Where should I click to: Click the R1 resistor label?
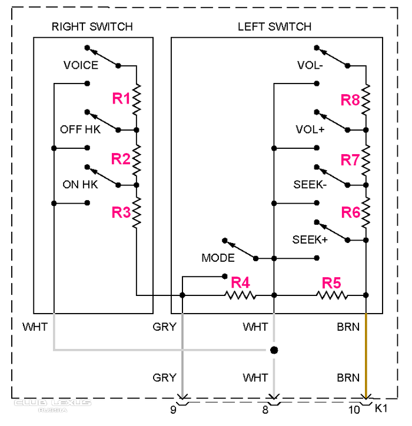point(121,99)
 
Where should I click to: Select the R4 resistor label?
point(240,282)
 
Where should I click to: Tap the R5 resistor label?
point(331,282)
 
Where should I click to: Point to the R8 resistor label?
point(350,100)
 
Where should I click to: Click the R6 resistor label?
point(350,212)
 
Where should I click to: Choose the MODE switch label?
point(218,258)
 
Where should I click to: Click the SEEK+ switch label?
point(310,239)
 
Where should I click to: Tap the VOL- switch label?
point(310,66)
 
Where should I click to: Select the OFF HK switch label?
point(80,129)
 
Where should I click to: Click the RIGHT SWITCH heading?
point(92,27)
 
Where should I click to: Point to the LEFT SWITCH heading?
point(274,27)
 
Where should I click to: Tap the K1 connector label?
point(381,407)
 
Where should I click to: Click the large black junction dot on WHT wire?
point(273,350)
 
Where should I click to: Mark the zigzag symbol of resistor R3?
point(137,213)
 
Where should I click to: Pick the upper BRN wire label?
point(348,327)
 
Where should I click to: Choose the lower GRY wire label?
point(165,377)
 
